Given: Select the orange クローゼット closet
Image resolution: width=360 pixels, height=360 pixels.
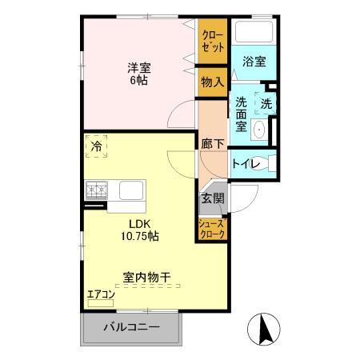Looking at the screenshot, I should point(213,42).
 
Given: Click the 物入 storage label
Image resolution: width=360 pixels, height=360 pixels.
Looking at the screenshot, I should point(213,82).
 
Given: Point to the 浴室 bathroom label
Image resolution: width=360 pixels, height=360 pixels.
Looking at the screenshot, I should point(255,61).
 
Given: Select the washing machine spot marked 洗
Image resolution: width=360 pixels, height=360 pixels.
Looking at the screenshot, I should point(266,103).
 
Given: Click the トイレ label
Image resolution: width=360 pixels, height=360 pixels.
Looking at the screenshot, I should point(244,164).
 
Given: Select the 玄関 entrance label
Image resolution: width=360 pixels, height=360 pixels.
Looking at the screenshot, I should point(212,198).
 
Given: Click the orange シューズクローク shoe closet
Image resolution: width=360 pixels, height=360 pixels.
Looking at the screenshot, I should point(212,230).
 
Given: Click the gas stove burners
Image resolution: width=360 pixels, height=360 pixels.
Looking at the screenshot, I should point(97,190).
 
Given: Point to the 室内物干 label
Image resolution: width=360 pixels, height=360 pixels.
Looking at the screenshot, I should point(146,278).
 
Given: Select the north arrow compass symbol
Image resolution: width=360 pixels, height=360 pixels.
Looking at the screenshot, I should point(264,330).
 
